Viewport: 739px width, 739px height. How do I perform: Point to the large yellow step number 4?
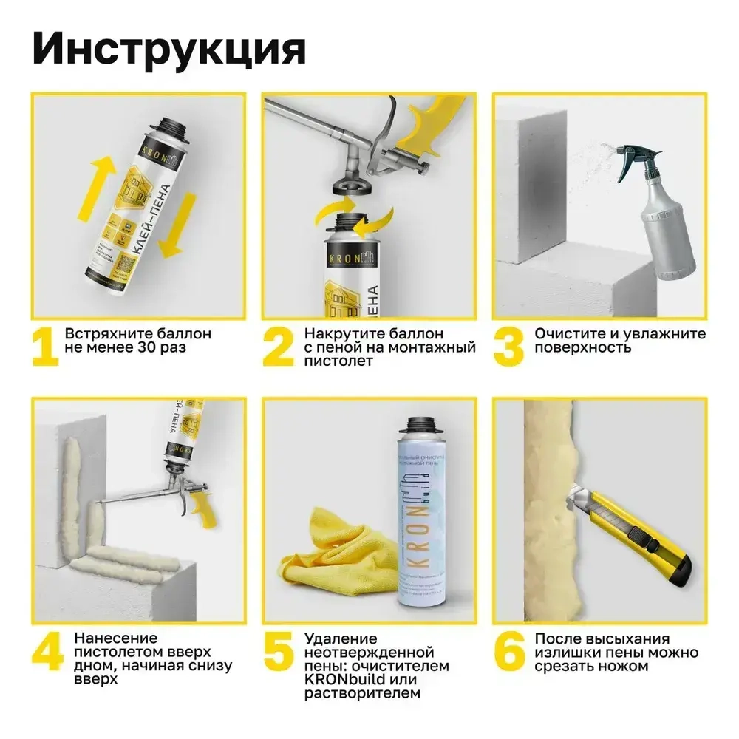47,651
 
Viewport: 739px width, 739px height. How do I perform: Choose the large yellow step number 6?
509,651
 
